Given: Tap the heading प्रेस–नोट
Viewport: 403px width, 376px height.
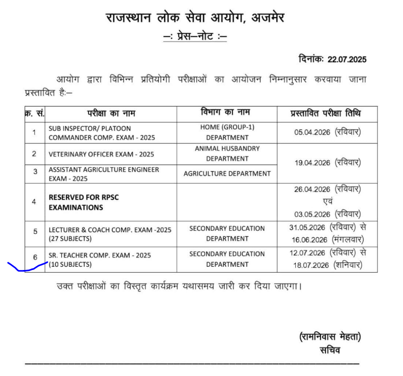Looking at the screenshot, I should [195, 37].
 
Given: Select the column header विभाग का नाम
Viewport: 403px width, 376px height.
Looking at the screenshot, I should [226, 113].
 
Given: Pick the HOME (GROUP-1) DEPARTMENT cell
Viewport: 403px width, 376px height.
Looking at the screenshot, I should [227, 133].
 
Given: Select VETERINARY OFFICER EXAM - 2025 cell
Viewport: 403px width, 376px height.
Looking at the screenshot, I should [101, 154].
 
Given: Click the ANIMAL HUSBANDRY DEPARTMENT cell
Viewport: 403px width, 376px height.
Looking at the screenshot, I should [227, 154].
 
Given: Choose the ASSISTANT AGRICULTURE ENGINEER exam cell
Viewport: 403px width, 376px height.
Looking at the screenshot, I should [104, 174].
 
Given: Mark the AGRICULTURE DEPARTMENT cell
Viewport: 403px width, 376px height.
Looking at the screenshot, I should [227, 174].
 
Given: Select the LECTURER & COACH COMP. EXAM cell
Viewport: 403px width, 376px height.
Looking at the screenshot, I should [109, 234].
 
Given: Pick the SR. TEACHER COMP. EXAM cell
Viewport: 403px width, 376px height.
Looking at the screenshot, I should [98, 260].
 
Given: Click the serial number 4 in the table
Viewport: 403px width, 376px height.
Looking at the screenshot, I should [34, 202].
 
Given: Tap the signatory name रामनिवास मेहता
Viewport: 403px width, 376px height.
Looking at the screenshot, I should [330, 337].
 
